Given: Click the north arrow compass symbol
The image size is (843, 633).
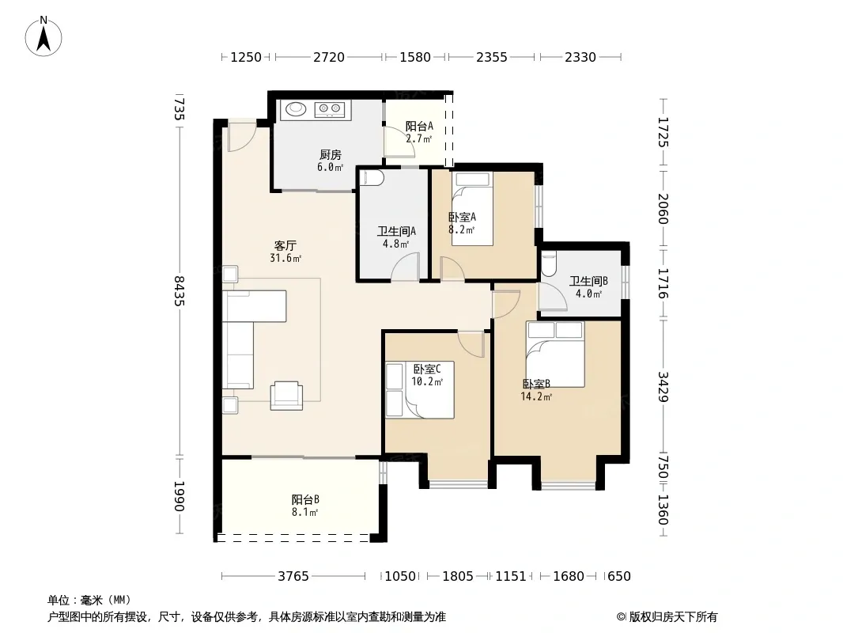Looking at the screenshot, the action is point(43,36).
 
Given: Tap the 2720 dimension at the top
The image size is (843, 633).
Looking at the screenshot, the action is point(328,57).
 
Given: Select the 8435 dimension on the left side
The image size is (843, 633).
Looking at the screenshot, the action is point(179,291).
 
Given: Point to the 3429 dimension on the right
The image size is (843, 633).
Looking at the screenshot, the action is point(663,387).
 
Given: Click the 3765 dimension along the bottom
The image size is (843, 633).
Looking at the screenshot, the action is point(293,577).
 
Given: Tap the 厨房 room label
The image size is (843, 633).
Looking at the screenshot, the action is point(330,155).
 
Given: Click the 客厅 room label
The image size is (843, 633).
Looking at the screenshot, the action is point(285,246).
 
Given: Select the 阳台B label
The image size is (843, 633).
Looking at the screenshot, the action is point(305,499).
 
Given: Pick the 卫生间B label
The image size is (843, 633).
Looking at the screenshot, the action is point(588,281).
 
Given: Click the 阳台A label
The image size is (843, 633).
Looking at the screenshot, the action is point(419,127).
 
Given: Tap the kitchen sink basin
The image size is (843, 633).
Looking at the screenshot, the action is point(296,109).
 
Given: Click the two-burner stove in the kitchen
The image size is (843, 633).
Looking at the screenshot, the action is point(330,110).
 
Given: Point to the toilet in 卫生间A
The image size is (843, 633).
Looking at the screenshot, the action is point(371,178).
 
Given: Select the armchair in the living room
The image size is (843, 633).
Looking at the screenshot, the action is point(286,396).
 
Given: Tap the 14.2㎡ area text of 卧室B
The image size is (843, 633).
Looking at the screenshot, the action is point(536,397).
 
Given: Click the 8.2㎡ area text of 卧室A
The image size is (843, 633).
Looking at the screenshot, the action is point(461,229).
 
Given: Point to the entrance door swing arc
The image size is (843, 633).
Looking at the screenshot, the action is point(241,138).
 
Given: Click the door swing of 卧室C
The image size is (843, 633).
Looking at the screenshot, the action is point(471,344).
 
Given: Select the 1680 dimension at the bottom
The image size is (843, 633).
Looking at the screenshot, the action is point(569,577).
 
